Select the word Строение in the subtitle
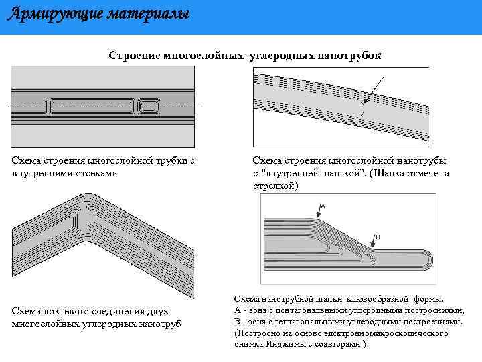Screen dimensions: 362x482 135,56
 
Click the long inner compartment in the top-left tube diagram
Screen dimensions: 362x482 90,106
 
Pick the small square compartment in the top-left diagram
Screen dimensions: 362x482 147,106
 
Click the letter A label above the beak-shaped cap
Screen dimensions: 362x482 323,205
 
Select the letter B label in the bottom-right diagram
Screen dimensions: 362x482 378,237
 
